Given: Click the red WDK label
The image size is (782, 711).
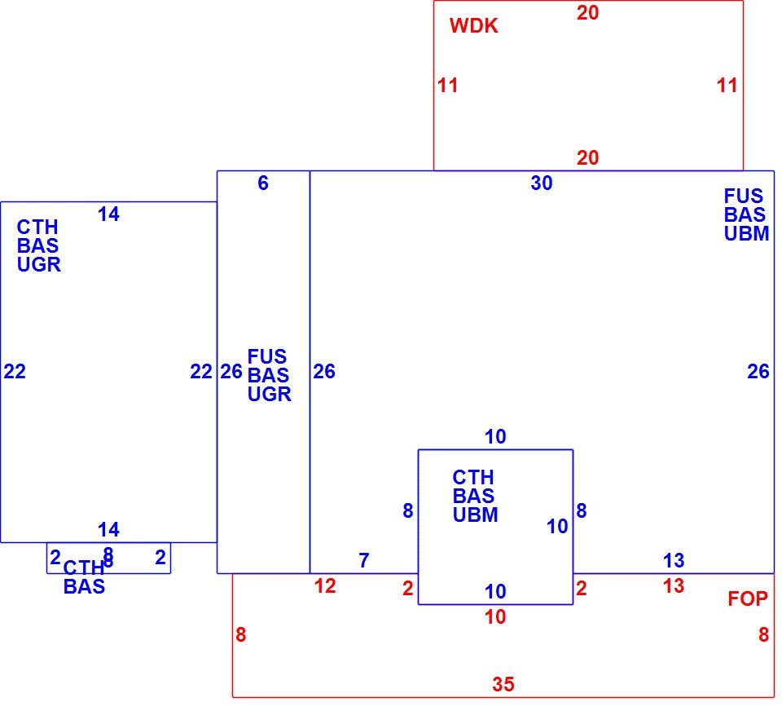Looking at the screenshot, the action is pos(473,26).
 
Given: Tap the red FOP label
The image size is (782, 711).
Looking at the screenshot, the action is pos(748,598).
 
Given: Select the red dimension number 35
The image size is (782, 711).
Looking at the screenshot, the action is pos(503,684).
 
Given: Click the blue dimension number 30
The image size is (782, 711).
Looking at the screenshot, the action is pos(542,183).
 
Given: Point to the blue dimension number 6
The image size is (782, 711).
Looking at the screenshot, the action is pos(263,183).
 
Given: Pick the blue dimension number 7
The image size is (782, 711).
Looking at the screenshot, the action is pos(364,560).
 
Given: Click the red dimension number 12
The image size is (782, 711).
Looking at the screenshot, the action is pos(325,586).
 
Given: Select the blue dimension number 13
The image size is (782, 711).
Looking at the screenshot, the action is pos(674,560).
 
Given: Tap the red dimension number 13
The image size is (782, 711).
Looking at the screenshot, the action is pos(674,586).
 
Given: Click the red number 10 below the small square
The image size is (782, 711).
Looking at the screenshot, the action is pos(495,617).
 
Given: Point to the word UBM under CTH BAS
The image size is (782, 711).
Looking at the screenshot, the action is pos(475,514).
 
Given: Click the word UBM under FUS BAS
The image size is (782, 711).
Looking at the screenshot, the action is pos(747,234).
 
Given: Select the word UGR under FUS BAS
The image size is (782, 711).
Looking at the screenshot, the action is pos(270,395).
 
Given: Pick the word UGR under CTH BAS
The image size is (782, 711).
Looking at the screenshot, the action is pos(39,265).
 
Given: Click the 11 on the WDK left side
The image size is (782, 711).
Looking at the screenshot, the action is pos(447,86).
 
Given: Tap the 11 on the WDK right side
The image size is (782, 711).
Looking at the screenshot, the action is pos(727,86).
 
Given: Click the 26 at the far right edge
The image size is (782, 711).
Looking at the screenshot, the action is pos(758,372).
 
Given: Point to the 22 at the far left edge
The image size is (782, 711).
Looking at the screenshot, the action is pos(15,372).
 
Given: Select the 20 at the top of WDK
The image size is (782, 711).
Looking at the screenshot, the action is pos(587,13).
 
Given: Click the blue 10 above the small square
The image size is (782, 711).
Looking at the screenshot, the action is pos(495,437).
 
